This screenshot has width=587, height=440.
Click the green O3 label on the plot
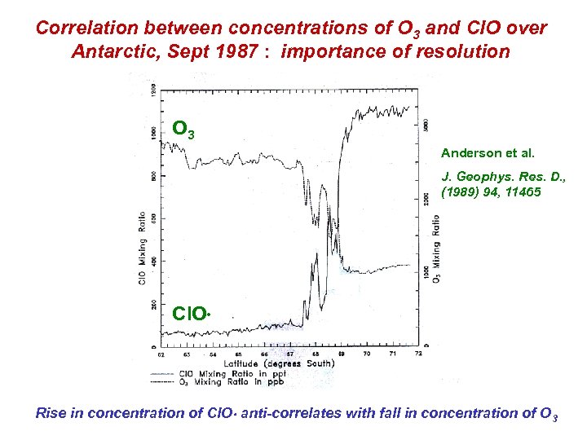click(x=183, y=130)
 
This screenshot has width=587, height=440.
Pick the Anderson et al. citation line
click(x=475, y=152)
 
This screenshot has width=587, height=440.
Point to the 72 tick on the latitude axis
click(x=418, y=354)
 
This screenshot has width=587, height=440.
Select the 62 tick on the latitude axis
click(x=161, y=354)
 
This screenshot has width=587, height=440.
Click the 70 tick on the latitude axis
click(x=367, y=354)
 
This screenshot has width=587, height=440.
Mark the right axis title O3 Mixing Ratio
click(x=437, y=249)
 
